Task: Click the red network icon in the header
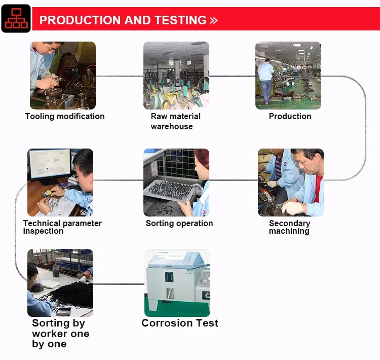tap(16, 19)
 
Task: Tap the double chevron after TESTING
tap(213, 21)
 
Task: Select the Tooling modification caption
tap(65, 116)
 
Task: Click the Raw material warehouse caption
tap(175, 121)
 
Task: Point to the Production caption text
tap(290, 116)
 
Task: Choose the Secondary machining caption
tap(289, 227)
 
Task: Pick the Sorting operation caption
tap(179, 223)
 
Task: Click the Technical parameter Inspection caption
tap(62, 227)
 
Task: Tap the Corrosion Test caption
tap(180, 323)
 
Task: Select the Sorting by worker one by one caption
tap(60, 334)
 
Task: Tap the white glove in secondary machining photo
tap(293, 207)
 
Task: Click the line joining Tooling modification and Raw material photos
tap(120, 76)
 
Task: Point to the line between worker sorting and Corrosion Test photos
tap(119, 283)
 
